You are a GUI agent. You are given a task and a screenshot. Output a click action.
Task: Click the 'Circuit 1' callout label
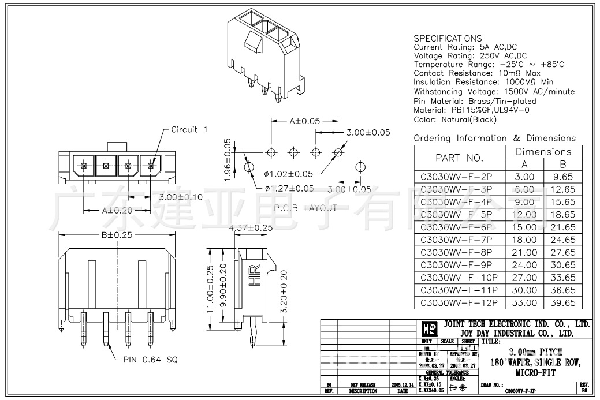189,129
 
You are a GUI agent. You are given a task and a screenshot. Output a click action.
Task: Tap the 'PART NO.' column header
459,158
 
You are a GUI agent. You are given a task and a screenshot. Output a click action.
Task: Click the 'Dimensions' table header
543,151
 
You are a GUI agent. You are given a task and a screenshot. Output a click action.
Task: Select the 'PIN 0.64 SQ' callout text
150,359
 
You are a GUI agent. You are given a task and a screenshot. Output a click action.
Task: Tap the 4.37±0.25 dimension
251,228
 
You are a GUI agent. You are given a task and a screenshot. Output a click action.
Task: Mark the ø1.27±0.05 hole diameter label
289,188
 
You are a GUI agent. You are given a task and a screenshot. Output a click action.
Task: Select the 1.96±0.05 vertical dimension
228,158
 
